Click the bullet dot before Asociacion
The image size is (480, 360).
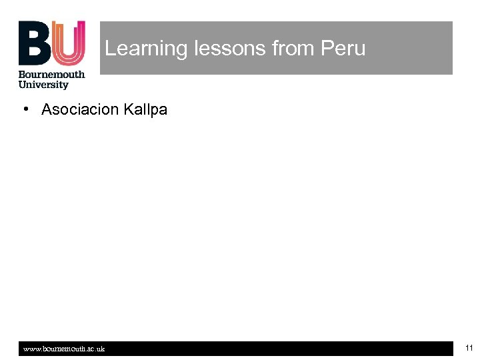pos(24,109)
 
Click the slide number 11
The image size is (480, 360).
pos(469,348)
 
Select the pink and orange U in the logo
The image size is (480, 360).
pos(69,43)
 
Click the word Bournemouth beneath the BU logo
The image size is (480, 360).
pos(51,75)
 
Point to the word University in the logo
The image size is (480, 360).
pos(43,85)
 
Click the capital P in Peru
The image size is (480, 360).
pos(327,49)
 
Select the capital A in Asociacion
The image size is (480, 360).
pos(47,109)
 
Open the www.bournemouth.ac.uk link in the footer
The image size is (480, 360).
pos(64,349)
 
